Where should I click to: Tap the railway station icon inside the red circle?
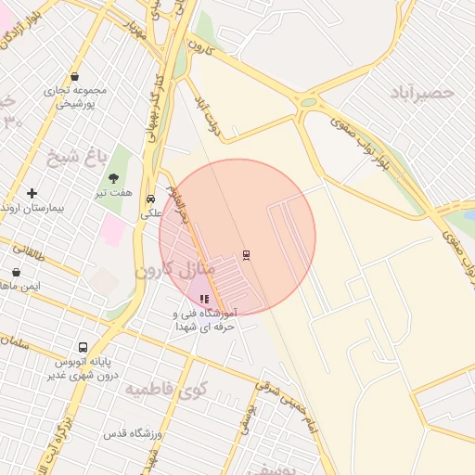point(246,255)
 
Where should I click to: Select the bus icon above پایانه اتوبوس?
point(83,348)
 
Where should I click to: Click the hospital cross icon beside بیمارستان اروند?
point(32,193)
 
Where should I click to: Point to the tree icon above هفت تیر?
point(114,178)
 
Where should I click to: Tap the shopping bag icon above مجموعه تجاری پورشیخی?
point(74,77)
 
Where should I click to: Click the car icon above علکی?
point(150,199)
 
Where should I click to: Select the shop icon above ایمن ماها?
point(17,272)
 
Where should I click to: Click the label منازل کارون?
point(175,270)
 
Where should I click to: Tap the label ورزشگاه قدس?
point(133,434)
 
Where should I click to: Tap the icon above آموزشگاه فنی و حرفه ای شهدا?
point(204,299)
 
